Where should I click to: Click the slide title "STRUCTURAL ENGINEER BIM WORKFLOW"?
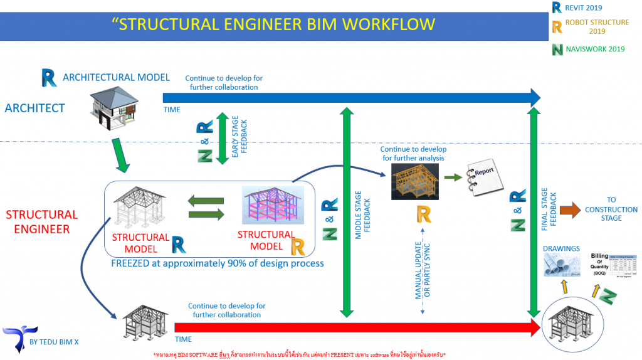[273, 24]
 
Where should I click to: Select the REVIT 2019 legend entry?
[582, 8]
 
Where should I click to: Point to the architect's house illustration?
[113, 109]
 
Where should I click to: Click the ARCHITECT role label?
[34, 108]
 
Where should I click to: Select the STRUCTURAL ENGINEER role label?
[41, 221]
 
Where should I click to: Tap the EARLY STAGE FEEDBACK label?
[239, 139]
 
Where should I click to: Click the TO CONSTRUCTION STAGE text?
[611, 209]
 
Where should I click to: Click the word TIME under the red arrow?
[183, 339]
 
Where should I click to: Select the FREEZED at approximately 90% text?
[217, 263]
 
